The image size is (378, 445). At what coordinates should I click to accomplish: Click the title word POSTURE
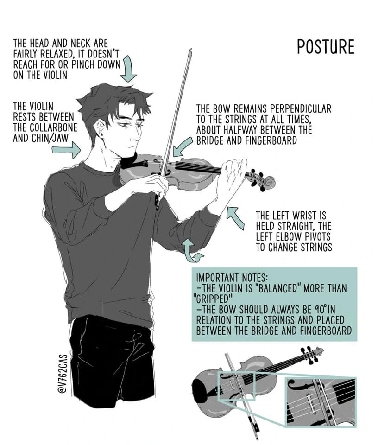point(326,47)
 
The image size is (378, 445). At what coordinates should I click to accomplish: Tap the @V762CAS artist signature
point(62,374)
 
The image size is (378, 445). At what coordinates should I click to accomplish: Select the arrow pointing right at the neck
point(66,150)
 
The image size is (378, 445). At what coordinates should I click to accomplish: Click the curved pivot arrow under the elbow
point(191,251)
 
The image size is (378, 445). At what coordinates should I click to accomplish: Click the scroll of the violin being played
point(268,182)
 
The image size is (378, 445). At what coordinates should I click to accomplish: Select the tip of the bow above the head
point(190,51)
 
